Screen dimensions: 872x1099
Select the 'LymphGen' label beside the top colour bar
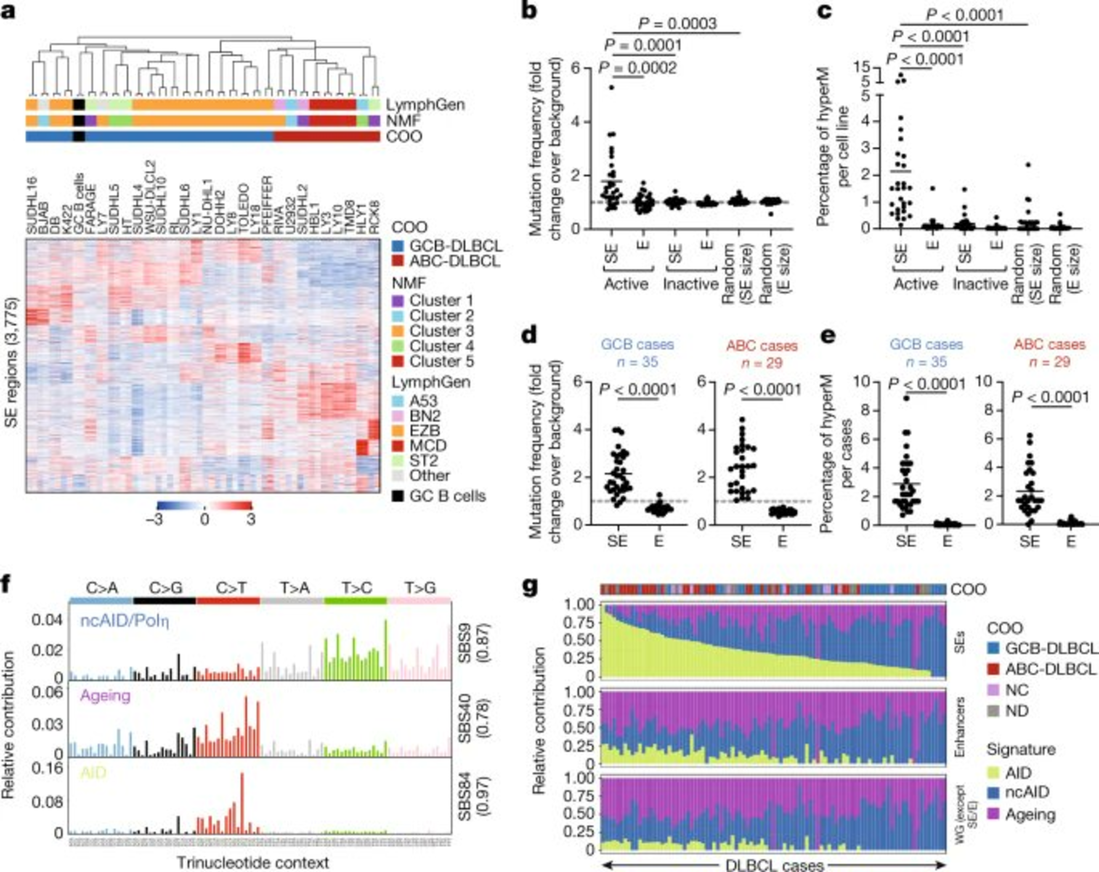425,105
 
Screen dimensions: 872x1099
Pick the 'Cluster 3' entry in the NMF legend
441,331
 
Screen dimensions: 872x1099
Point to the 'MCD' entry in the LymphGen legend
428,446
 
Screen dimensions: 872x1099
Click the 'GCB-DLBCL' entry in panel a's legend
455,246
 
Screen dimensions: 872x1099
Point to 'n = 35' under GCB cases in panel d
637,362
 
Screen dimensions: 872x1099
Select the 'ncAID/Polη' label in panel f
125,621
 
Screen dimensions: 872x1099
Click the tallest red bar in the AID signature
242,802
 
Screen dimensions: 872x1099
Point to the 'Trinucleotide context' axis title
253,863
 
